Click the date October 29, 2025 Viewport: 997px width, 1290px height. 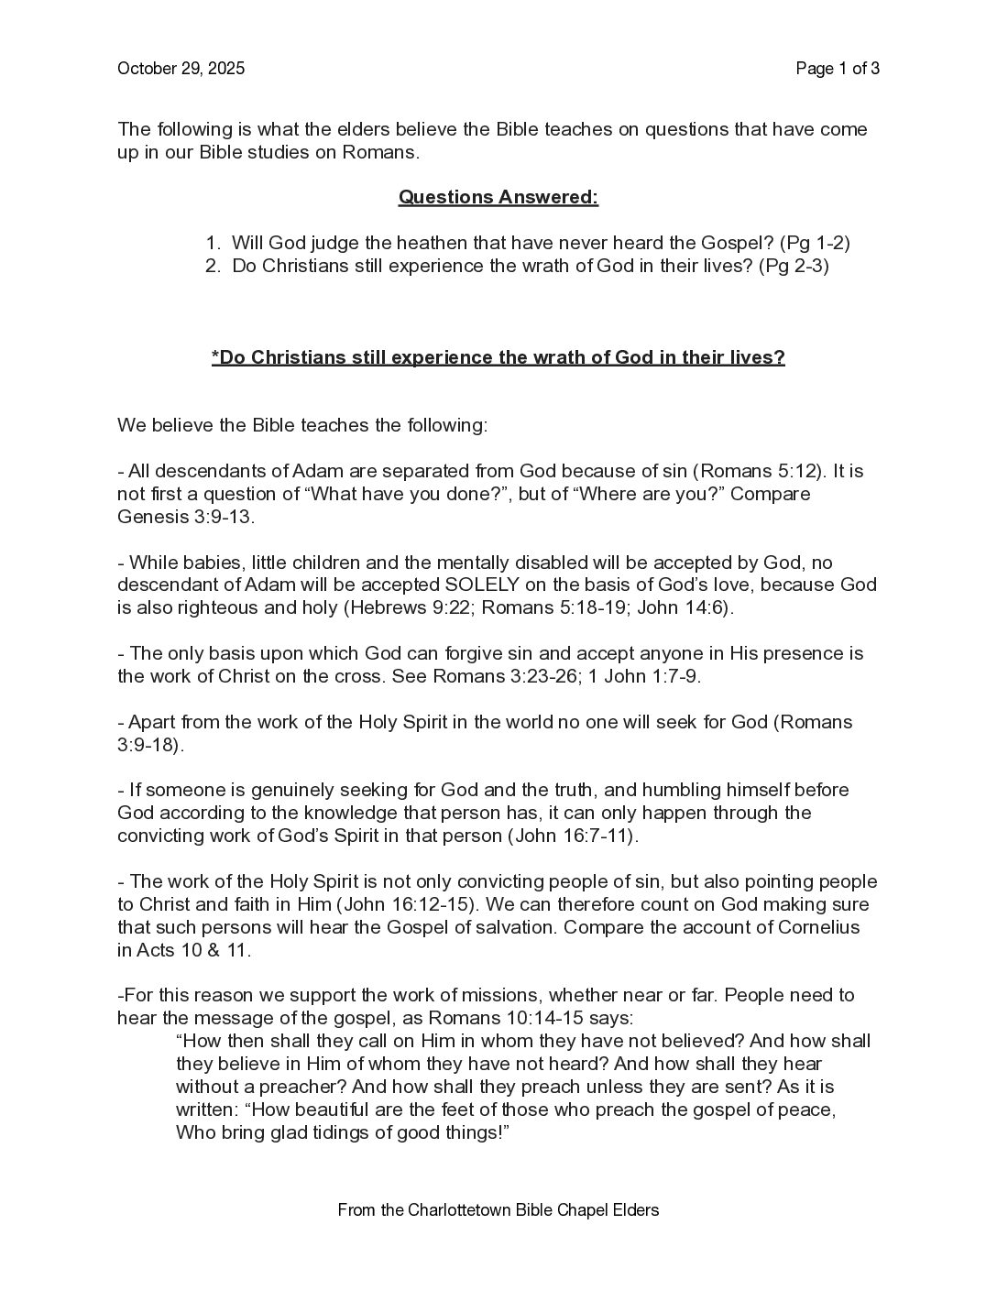[181, 69]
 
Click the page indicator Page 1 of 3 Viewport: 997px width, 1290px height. [838, 69]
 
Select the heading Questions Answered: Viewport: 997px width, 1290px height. [498, 197]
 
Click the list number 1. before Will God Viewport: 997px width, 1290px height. [213, 243]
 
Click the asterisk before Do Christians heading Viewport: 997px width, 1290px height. [215, 356]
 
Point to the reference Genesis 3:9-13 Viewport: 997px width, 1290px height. [185, 517]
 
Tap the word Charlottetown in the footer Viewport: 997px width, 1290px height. [434, 1209]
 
